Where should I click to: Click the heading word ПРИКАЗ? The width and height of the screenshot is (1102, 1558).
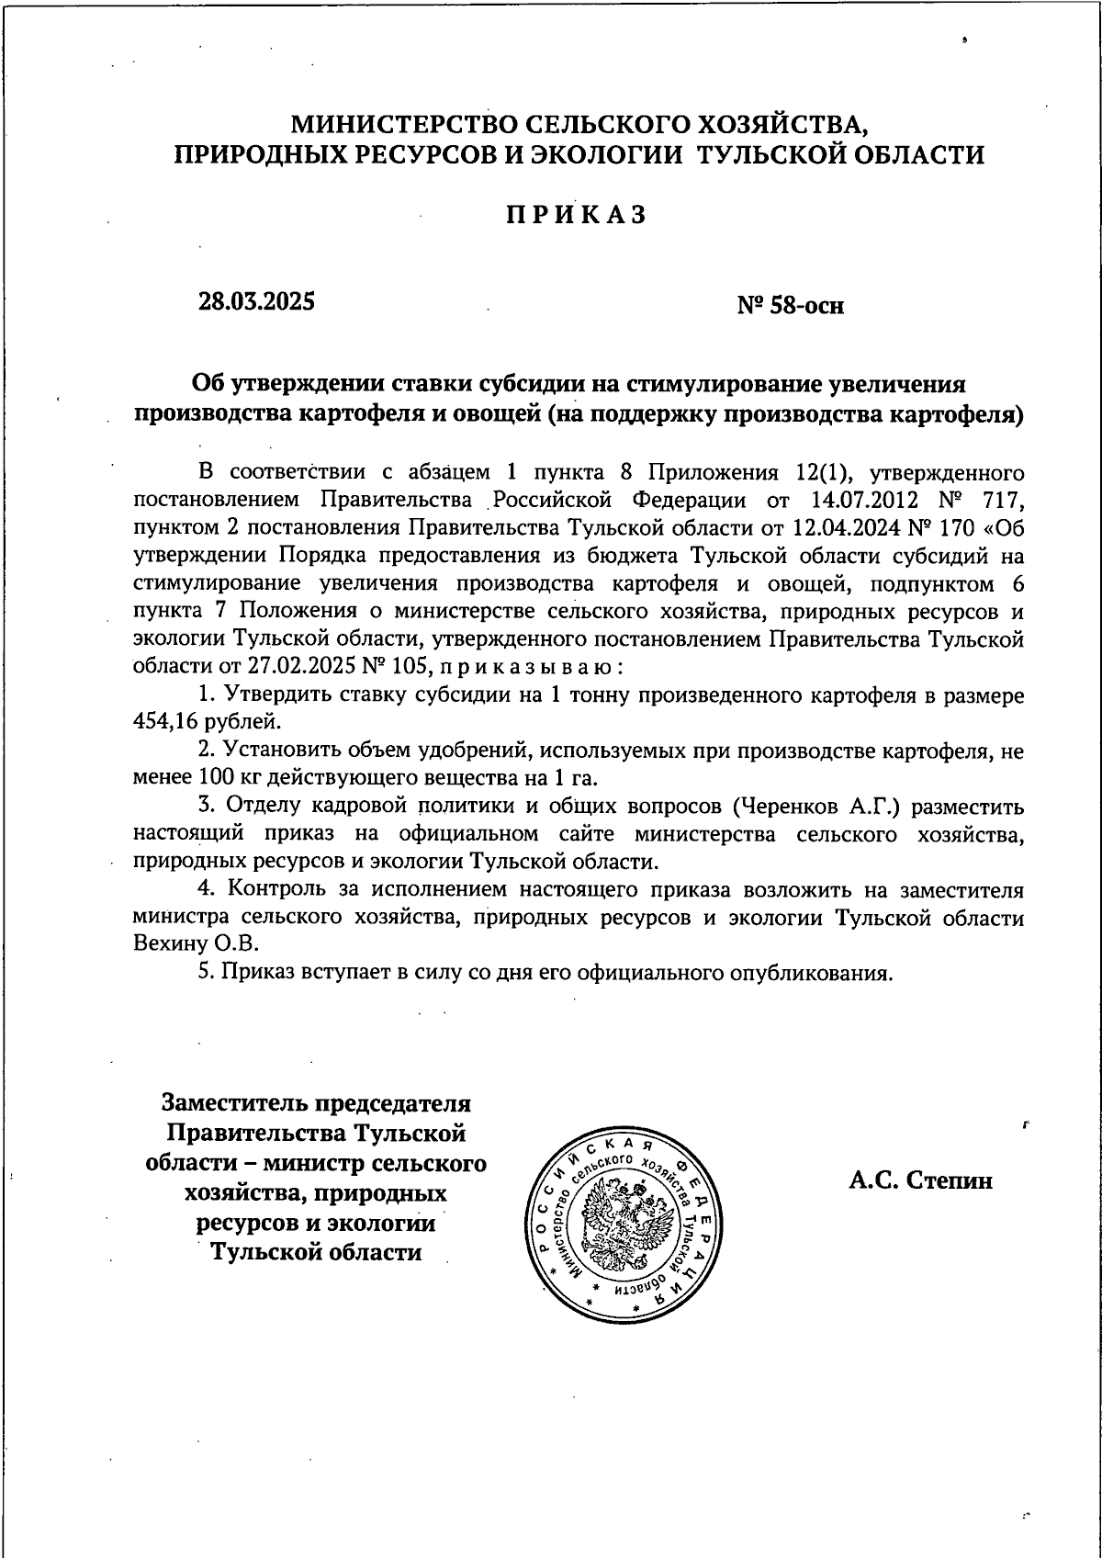pyautogui.click(x=577, y=214)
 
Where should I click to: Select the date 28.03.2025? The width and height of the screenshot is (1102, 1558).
pyautogui.click(x=256, y=300)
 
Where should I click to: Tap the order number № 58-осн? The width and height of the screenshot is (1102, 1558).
pyautogui.click(x=791, y=305)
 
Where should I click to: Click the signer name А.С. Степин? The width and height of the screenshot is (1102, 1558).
pyautogui.click(x=920, y=1180)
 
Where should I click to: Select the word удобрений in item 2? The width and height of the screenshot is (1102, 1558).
pyautogui.click(x=472, y=751)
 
